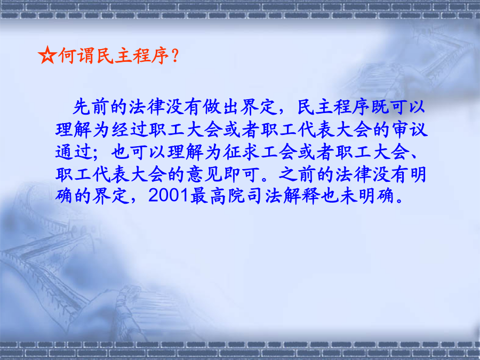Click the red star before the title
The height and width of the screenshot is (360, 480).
(x=47, y=55)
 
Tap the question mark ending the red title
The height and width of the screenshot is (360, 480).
(x=175, y=55)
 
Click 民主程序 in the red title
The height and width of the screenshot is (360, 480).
(x=133, y=55)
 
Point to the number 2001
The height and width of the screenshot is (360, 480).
(x=168, y=195)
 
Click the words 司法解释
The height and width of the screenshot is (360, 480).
(x=283, y=196)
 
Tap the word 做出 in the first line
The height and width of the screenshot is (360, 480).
(x=220, y=107)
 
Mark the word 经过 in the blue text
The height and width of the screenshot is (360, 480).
(x=130, y=129)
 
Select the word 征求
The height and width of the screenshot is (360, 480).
(x=242, y=152)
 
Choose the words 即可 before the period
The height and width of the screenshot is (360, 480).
(x=242, y=174)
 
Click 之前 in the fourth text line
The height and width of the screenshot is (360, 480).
(x=297, y=174)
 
